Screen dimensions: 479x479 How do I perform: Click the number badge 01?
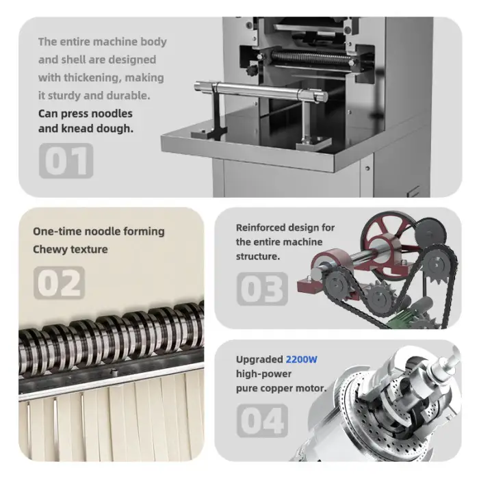coord(66,161)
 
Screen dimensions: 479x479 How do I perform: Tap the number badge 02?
coord(59,283)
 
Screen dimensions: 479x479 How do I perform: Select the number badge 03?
coord(262,289)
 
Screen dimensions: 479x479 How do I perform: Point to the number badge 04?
coord(262,420)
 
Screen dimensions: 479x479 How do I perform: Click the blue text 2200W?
coord(302,359)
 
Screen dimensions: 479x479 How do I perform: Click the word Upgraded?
coord(259,360)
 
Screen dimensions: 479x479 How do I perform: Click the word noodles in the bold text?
coord(112,114)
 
